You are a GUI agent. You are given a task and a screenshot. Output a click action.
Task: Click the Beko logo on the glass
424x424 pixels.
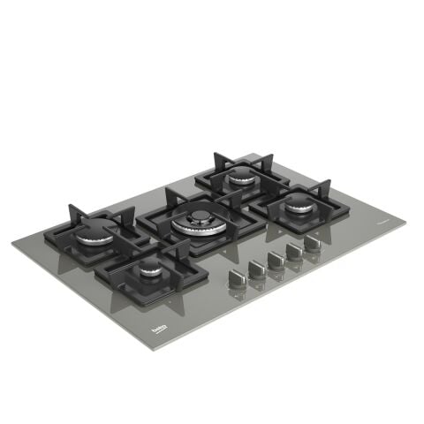(160, 329)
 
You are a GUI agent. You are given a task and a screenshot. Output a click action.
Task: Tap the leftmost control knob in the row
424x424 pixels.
(236, 277)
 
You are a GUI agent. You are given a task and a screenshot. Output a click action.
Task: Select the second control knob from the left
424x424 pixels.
(256, 268)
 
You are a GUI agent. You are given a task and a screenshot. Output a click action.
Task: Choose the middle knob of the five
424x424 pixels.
(275, 258)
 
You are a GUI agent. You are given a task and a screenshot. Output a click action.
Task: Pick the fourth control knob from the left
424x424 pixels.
(293, 249)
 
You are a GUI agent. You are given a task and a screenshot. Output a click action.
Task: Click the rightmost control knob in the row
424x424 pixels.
(312, 240)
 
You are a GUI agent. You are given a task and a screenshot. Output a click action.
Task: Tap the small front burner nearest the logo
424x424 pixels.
(151, 268)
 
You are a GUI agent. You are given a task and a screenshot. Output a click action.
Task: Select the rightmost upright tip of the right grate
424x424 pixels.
(328, 183)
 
